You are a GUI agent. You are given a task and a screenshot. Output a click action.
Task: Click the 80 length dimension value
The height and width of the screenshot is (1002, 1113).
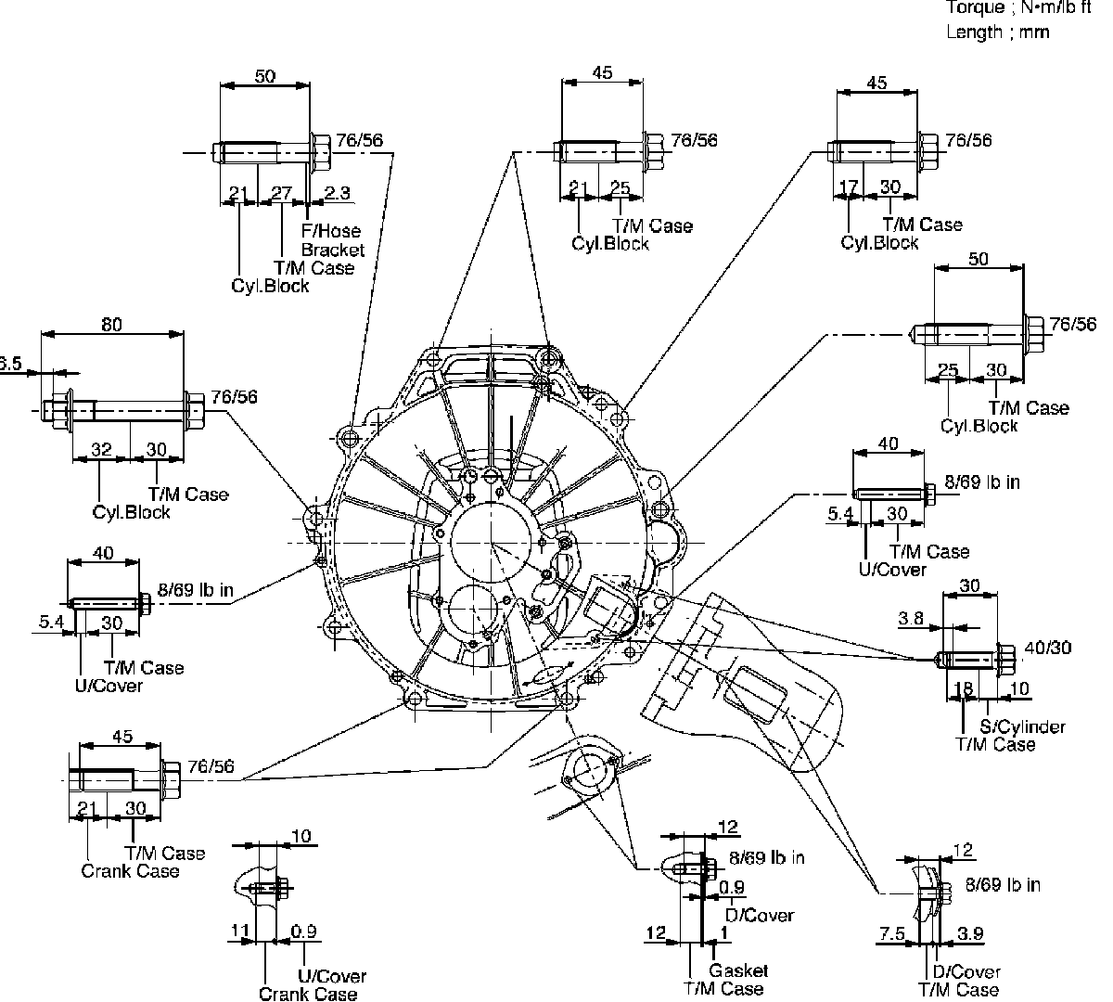(110, 325)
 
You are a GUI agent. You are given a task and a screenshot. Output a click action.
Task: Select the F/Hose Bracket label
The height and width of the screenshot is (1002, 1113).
(332, 240)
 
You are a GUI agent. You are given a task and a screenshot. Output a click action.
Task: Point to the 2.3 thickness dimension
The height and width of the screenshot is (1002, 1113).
(338, 194)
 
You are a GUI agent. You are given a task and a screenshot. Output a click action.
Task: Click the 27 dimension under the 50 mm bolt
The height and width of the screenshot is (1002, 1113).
(280, 194)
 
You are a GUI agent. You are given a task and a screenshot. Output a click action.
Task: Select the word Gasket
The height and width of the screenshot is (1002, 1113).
(738, 970)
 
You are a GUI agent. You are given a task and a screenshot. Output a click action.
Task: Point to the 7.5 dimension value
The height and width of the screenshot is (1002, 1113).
(891, 932)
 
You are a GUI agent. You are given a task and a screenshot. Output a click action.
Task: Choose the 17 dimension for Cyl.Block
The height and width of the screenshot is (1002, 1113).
(848, 187)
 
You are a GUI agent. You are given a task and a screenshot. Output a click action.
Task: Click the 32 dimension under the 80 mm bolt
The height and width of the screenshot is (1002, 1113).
(101, 450)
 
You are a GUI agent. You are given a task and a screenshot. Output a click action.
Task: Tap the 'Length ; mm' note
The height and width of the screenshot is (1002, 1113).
(997, 32)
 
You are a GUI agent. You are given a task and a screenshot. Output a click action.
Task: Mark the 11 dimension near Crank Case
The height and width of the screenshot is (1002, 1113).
(240, 929)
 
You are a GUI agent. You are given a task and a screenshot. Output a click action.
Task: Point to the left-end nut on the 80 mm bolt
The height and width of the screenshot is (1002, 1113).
(58, 407)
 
